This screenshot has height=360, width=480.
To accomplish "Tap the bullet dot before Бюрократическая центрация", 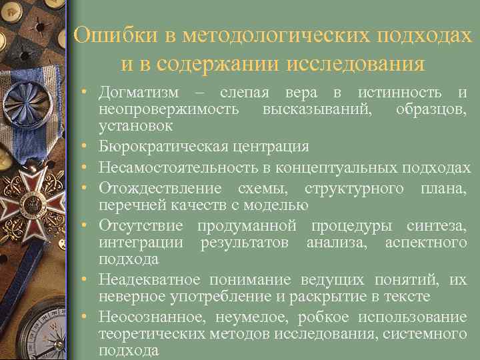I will point(87,147).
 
